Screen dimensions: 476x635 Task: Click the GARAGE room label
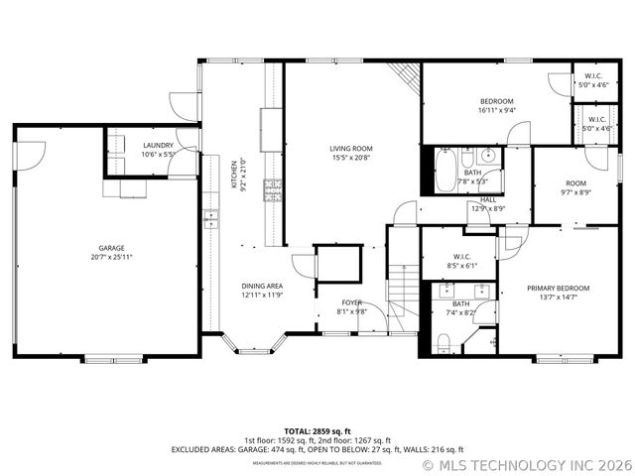point(110,248)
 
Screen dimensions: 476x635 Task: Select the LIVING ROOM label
point(352,149)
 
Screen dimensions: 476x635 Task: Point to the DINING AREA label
point(263,286)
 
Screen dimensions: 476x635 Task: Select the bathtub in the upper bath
point(444,171)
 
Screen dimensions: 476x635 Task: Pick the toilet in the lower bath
point(444,343)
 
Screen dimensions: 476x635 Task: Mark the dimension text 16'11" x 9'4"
point(497,111)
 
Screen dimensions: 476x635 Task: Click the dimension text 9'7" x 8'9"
point(576,192)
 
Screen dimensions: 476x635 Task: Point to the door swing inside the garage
point(32,153)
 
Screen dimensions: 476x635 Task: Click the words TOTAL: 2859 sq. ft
point(317,431)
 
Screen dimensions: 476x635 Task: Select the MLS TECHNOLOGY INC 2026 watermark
point(527,463)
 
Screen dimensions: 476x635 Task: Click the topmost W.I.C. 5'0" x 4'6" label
point(594,80)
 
